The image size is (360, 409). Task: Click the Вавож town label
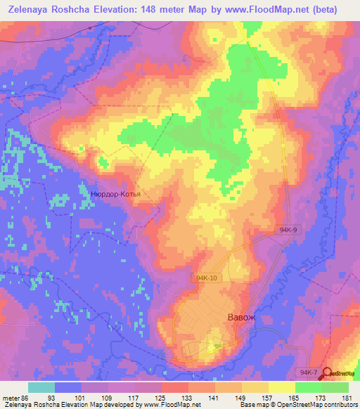(241, 318)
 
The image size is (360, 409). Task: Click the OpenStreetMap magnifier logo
(327, 372)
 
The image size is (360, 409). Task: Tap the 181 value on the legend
(347, 397)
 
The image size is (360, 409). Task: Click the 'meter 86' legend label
(15, 397)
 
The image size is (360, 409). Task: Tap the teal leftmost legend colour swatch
(41, 387)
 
